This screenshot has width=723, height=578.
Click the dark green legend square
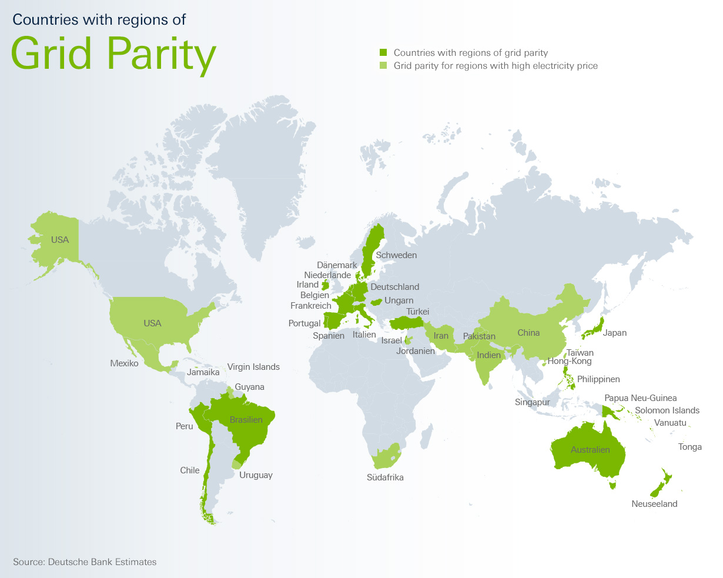click(x=383, y=53)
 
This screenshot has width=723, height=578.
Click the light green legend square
click(x=383, y=66)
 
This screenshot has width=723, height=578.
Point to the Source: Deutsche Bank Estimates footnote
click(x=85, y=562)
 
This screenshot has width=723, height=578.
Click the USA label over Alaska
click(x=60, y=240)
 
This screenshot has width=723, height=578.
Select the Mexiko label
click(x=124, y=363)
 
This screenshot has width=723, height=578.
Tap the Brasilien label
click(x=246, y=420)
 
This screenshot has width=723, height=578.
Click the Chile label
click(x=190, y=470)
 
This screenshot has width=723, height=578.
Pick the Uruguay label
click(x=256, y=475)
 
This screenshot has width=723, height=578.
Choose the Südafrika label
click(x=385, y=477)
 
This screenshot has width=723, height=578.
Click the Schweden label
click(x=396, y=255)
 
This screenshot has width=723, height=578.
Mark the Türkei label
click(x=418, y=312)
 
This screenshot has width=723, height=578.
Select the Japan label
click(x=615, y=333)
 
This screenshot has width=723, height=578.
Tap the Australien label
click(x=590, y=450)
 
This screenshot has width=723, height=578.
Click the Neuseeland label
click(x=654, y=504)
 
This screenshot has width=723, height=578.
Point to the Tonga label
click(x=690, y=447)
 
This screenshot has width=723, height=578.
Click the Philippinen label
click(x=598, y=379)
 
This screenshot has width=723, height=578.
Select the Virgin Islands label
click(x=253, y=367)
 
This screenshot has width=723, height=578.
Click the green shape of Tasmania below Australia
click(x=613, y=485)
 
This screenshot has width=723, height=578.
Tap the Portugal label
click(x=304, y=323)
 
